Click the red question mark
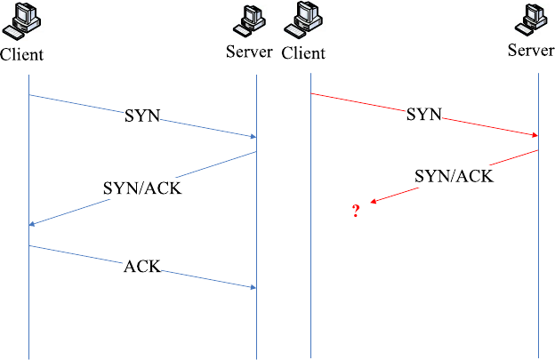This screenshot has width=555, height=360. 356,211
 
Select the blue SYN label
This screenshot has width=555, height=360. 142,115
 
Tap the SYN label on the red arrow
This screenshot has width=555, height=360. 423,115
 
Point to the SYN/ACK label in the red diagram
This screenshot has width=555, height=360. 454,176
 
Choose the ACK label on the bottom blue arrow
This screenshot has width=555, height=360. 142,266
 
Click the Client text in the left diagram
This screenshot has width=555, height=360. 22,55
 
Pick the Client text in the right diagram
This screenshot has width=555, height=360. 303,53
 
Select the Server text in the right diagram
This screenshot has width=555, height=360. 531,50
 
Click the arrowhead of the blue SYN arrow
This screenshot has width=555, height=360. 253,137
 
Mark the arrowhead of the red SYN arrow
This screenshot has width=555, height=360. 535,135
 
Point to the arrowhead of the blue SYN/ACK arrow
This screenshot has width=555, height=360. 32,224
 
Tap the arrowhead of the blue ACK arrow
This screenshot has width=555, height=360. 253,286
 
